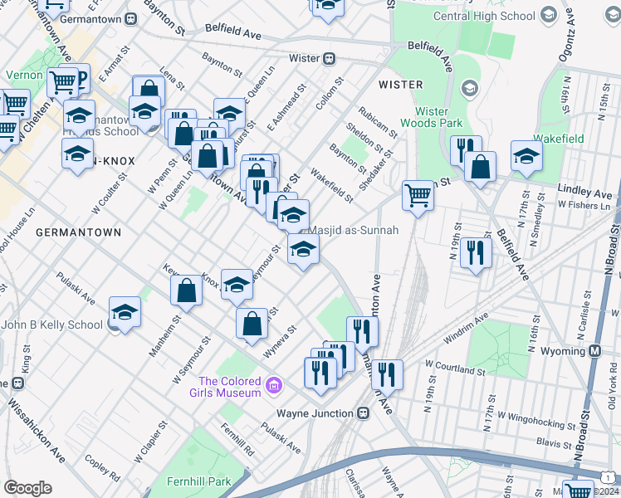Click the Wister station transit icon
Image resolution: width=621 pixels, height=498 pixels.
329,58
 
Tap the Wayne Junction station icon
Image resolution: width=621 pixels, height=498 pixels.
363,413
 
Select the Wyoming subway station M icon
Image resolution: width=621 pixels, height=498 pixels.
595,351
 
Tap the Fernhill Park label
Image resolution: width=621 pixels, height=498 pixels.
197,481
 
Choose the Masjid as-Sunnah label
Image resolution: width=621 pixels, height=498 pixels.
354,230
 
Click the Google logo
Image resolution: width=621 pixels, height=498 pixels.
27,487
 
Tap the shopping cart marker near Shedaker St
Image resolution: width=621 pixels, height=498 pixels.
418,196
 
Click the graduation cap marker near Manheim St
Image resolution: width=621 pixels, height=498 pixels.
125,312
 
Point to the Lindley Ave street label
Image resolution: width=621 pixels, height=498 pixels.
584,193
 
